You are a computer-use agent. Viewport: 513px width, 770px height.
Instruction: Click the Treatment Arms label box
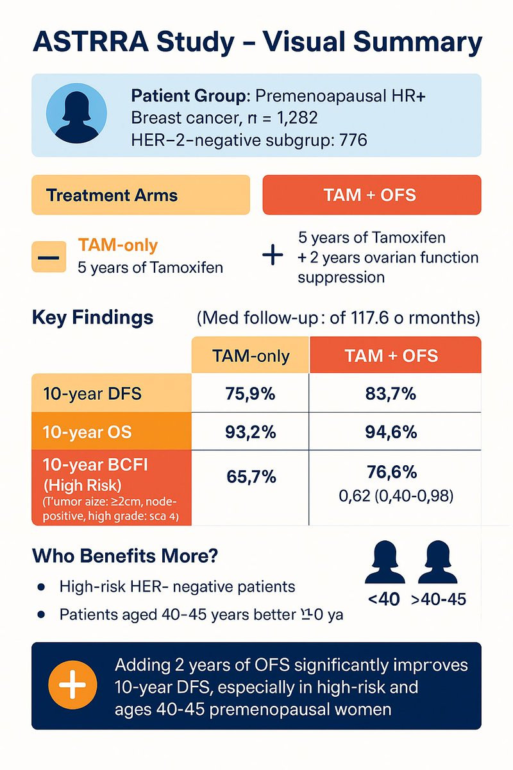click(x=140, y=194)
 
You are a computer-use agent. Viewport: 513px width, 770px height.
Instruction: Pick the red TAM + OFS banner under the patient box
click(x=372, y=194)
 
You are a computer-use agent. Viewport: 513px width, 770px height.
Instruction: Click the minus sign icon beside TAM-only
click(x=48, y=257)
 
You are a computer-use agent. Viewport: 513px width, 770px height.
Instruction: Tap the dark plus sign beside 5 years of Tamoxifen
click(x=273, y=256)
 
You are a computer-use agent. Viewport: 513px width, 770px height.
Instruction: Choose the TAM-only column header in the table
click(x=250, y=355)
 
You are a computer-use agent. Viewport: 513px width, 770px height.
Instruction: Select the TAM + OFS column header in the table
click(x=395, y=355)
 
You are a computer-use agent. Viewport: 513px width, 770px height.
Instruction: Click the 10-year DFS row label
click(x=112, y=393)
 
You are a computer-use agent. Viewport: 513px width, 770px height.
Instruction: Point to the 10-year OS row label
click(x=112, y=431)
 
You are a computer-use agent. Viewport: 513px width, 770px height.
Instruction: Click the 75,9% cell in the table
click(x=250, y=393)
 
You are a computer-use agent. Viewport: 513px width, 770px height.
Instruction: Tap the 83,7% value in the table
click(x=394, y=393)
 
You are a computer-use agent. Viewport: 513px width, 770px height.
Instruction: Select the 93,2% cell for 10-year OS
click(x=250, y=431)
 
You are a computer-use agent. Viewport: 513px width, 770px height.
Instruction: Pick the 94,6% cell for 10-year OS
click(x=394, y=431)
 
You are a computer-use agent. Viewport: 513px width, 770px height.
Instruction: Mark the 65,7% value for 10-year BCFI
click(x=250, y=477)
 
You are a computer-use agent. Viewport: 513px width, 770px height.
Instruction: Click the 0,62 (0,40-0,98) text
click(x=394, y=495)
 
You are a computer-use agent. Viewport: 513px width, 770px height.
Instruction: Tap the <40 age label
click(x=384, y=599)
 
